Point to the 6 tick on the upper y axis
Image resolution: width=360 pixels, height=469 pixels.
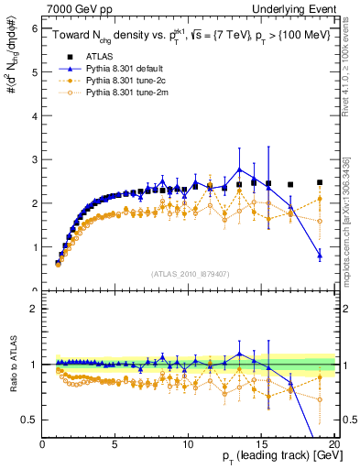tap(36, 28)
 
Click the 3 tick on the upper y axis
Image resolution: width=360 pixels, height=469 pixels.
tap(36, 159)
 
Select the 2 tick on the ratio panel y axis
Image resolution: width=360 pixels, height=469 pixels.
tap(36, 309)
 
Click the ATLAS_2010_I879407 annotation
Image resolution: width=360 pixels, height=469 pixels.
tap(190, 274)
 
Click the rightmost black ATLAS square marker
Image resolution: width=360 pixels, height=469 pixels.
tap(320, 182)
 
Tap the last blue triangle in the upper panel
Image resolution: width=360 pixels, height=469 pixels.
tap(320, 255)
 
